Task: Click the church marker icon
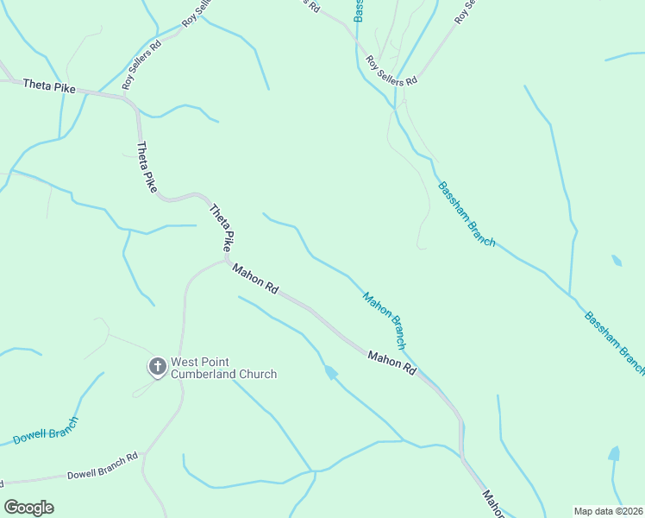pos(157,367)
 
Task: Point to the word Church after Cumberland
pos(259,374)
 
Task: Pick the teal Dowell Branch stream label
pos(46,431)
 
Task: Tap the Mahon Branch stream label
pos(384,320)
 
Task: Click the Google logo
pos(28,507)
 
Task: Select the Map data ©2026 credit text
pos(608,511)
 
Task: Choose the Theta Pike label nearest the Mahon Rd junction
pos(222,227)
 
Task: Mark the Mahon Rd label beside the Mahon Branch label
pos(391,362)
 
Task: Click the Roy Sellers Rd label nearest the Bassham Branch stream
pos(391,71)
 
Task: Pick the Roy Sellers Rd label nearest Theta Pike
pos(141,65)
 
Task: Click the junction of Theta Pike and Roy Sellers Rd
pos(128,98)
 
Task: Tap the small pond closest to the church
pos(329,372)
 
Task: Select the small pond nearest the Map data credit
pos(614,453)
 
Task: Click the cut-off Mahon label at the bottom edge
pos(492,506)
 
